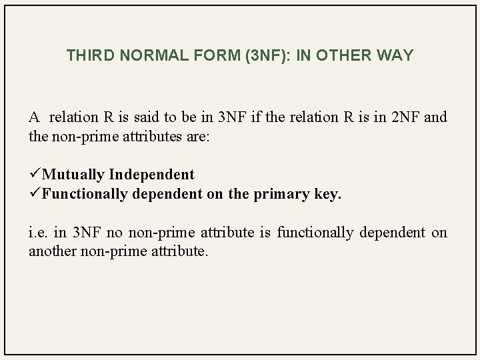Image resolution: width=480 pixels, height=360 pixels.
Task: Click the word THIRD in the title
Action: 87,55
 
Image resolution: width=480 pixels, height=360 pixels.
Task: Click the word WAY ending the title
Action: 395,55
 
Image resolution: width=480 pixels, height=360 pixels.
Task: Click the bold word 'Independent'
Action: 152,175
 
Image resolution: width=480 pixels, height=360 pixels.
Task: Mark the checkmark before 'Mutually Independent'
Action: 35,175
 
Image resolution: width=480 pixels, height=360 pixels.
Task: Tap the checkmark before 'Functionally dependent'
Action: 35,194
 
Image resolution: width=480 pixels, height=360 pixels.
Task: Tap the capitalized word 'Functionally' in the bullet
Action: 85,194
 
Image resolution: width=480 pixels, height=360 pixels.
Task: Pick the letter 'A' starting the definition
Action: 34,117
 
